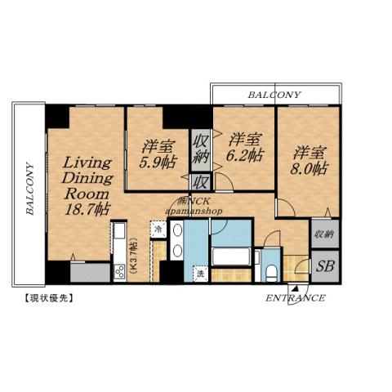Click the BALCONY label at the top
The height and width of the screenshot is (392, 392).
pyautogui.click(x=274, y=95)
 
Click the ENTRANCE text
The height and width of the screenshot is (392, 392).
pyautogui.click(x=295, y=298)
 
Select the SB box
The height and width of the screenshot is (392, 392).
pyautogui.click(x=323, y=267)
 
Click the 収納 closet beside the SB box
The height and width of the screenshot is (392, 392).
pyautogui.click(x=323, y=234)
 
